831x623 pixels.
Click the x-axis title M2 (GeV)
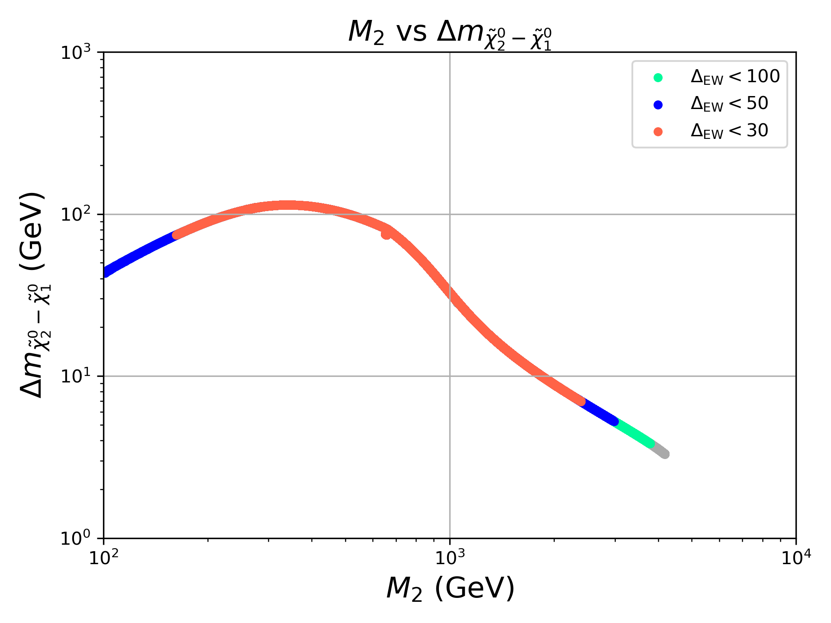tap(450, 588)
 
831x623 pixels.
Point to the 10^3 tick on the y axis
tap(75, 53)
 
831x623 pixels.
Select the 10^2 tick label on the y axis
tap(75, 215)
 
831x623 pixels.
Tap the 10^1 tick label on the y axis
tap(75, 376)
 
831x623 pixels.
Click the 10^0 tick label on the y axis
tap(75, 538)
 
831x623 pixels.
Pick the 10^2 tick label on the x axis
tap(104, 559)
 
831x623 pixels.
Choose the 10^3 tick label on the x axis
tap(450, 559)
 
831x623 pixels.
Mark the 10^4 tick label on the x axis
tap(796, 559)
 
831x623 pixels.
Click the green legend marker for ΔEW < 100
tap(658, 78)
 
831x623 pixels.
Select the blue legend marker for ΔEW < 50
tap(658, 105)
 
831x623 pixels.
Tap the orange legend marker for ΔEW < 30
tap(658, 132)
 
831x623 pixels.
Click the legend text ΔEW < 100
tap(735, 77)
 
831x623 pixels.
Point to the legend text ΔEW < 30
tap(729, 131)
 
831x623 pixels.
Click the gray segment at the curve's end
tap(661, 450)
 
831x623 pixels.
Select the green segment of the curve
tap(635, 433)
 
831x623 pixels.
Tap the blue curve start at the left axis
tap(106, 272)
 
